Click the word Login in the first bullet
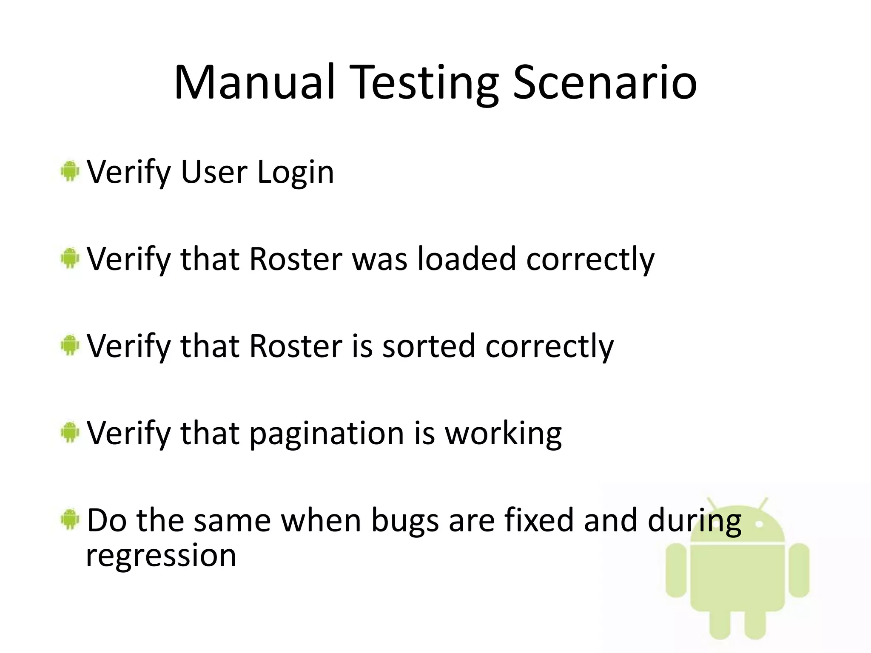click(x=296, y=173)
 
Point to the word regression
click(x=161, y=556)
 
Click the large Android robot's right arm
click(x=798, y=570)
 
